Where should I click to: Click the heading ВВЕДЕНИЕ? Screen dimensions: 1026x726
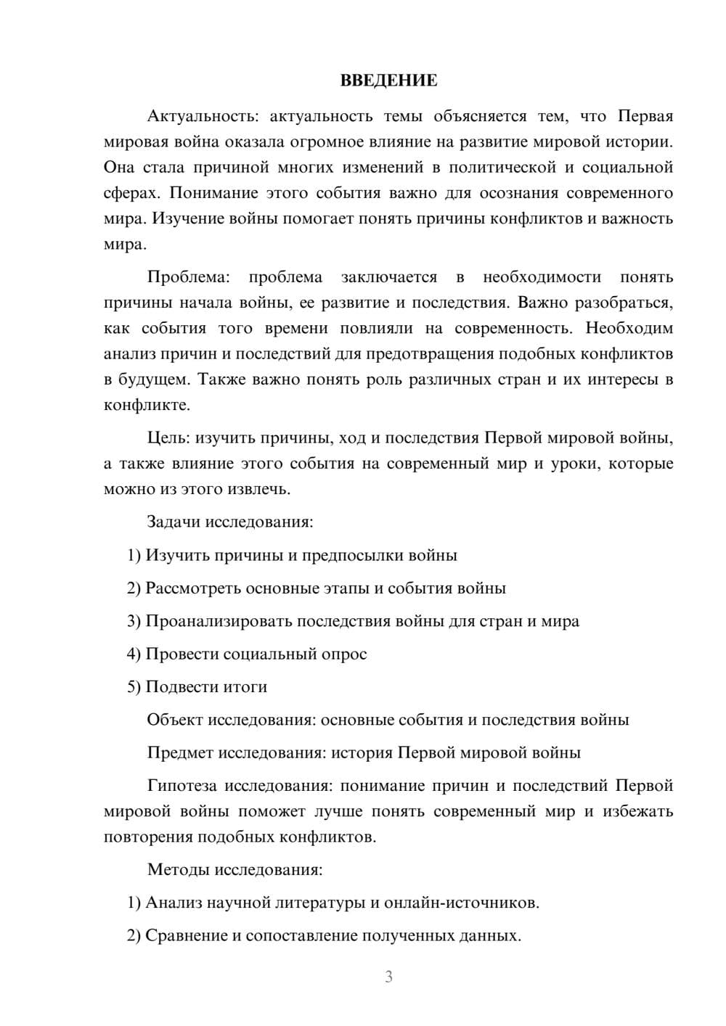coord(388,81)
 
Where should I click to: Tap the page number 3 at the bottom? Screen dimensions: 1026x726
coord(388,977)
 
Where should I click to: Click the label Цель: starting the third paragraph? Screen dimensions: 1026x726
coord(169,438)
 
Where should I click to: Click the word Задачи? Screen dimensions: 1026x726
coord(174,522)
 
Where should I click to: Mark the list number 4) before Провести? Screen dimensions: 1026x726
coord(134,654)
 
